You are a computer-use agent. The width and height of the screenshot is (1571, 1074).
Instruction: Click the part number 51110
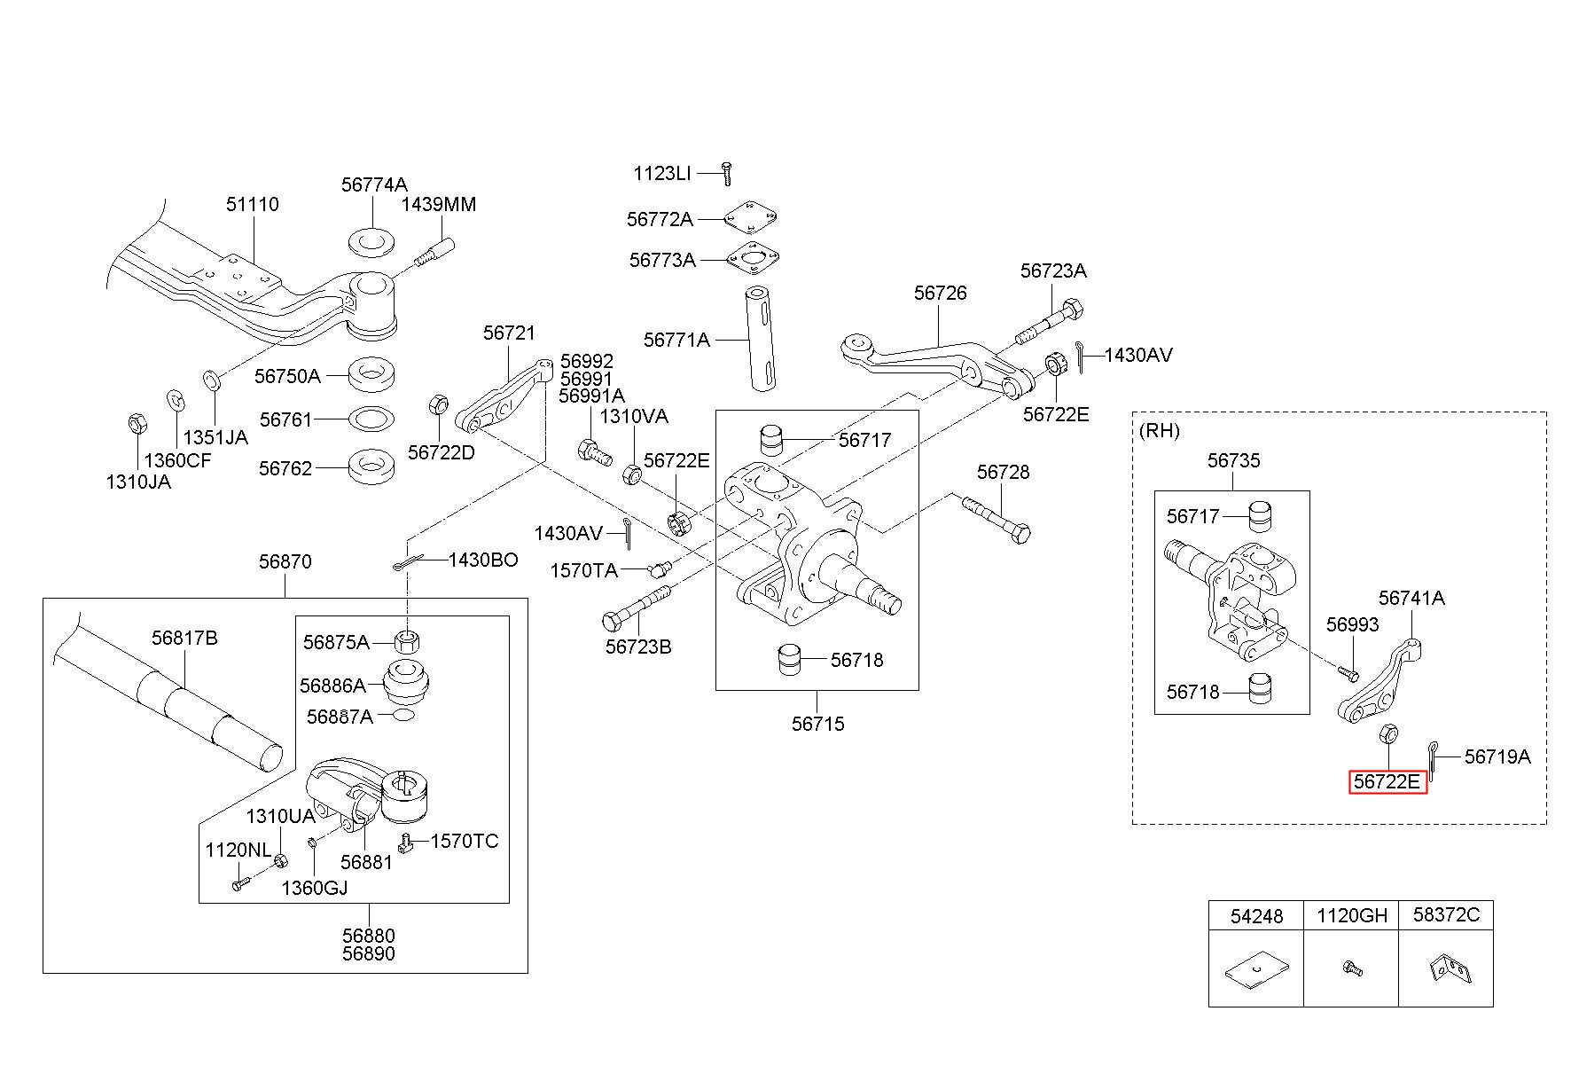252,204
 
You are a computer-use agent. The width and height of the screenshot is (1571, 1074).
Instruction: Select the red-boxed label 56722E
1387,781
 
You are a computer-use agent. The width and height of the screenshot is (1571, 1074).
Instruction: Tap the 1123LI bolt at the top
726,173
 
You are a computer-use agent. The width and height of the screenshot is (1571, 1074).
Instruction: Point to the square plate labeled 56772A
751,218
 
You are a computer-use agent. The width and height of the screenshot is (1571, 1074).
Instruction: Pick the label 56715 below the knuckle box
817,724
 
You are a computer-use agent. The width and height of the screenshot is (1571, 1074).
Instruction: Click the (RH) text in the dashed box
1159,430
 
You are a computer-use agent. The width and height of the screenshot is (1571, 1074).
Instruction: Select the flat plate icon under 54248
1255,973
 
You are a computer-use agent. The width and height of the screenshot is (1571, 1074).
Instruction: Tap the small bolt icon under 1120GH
1352,968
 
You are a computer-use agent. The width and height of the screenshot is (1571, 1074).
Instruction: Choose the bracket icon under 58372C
1447,968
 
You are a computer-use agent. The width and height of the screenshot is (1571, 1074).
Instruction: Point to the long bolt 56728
996,518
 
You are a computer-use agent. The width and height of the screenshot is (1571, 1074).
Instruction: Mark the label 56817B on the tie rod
184,638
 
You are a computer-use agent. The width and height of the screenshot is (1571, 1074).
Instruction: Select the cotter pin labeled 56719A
1432,759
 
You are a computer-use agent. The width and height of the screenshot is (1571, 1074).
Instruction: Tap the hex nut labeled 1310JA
137,423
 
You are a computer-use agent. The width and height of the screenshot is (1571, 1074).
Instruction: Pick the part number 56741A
1411,599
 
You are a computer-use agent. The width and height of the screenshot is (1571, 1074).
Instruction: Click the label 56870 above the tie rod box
285,561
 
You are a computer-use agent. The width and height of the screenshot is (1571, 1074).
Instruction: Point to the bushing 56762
372,468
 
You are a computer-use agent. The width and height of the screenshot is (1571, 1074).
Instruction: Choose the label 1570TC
465,841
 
